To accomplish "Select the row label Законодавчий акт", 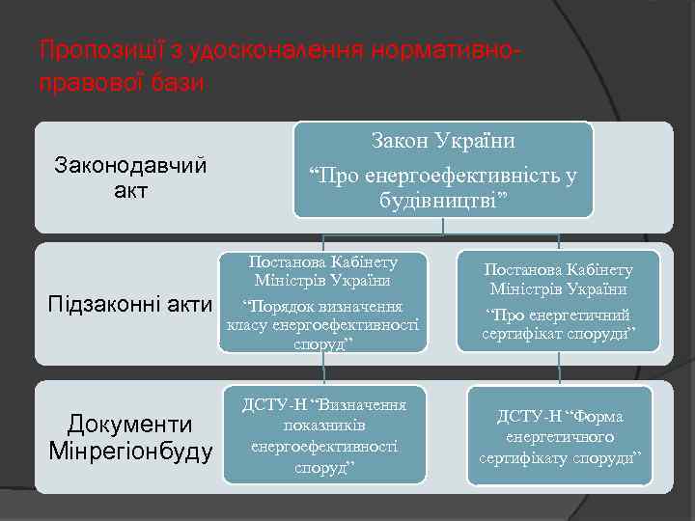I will pos(130,178).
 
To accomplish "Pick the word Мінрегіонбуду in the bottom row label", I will pos(130,451).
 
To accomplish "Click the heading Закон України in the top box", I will pos(443,141).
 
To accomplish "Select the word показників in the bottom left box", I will pos(323,425).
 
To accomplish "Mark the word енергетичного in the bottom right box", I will pos(559,436).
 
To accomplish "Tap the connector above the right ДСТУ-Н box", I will pos(559,370).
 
